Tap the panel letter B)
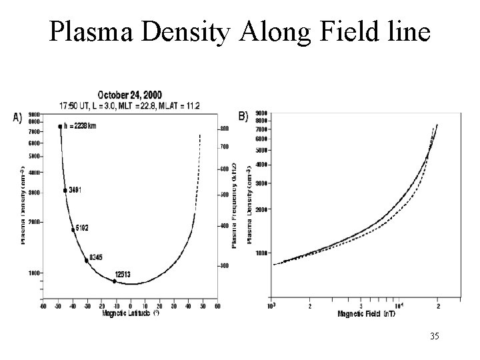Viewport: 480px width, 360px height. coord(242,116)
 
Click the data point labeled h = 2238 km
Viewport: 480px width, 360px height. coord(60,127)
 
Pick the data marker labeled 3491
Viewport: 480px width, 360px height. coord(65,191)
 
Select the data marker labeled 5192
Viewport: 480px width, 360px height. coord(73,230)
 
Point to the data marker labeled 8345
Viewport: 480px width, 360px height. coord(87,261)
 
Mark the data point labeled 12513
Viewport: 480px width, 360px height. coord(114,281)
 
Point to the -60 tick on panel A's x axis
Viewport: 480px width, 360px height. coord(43,306)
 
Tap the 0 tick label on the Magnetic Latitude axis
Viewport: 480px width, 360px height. coord(131,306)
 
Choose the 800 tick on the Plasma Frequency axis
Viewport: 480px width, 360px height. coord(225,128)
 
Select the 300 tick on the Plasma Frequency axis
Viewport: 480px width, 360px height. coord(225,265)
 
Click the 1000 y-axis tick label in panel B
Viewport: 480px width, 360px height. coord(261,253)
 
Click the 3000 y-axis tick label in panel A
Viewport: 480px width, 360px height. coord(33,192)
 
